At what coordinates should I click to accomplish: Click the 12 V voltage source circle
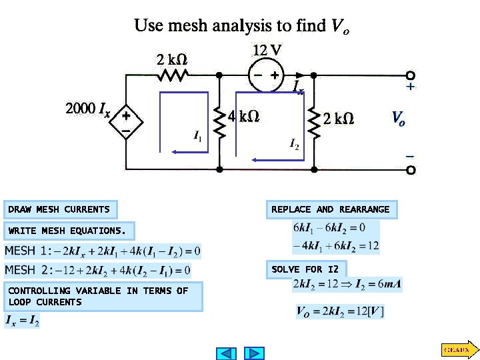[x=265, y=75]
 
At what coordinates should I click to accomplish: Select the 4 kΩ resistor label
[x=244, y=117]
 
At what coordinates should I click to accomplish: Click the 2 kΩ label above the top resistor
[x=171, y=59]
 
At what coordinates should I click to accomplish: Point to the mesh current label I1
[x=198, y=137]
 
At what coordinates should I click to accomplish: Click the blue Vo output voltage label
[x=398, y=119]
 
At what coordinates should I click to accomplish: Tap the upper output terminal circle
[x=411, y=75]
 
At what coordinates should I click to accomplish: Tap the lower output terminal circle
[x=411, y=170]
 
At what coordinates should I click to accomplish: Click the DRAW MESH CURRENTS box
[x=60, y=210]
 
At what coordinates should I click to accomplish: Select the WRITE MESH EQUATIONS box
[x=68, y=231]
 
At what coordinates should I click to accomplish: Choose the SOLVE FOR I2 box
[x=306, y=270]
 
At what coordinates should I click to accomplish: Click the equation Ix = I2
[x=23, y=322]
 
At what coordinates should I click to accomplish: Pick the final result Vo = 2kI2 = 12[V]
[x=340, y=311]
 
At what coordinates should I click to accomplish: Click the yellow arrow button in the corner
[x=457, y=349]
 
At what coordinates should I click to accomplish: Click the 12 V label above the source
[x=267, y=50]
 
